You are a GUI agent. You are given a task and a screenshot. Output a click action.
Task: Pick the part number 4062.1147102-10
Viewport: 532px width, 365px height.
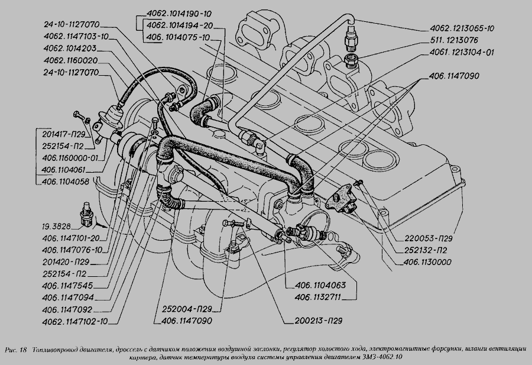[x=75, y=321]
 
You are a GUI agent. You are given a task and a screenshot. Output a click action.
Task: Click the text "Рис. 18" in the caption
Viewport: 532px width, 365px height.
[x=17, y=350]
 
